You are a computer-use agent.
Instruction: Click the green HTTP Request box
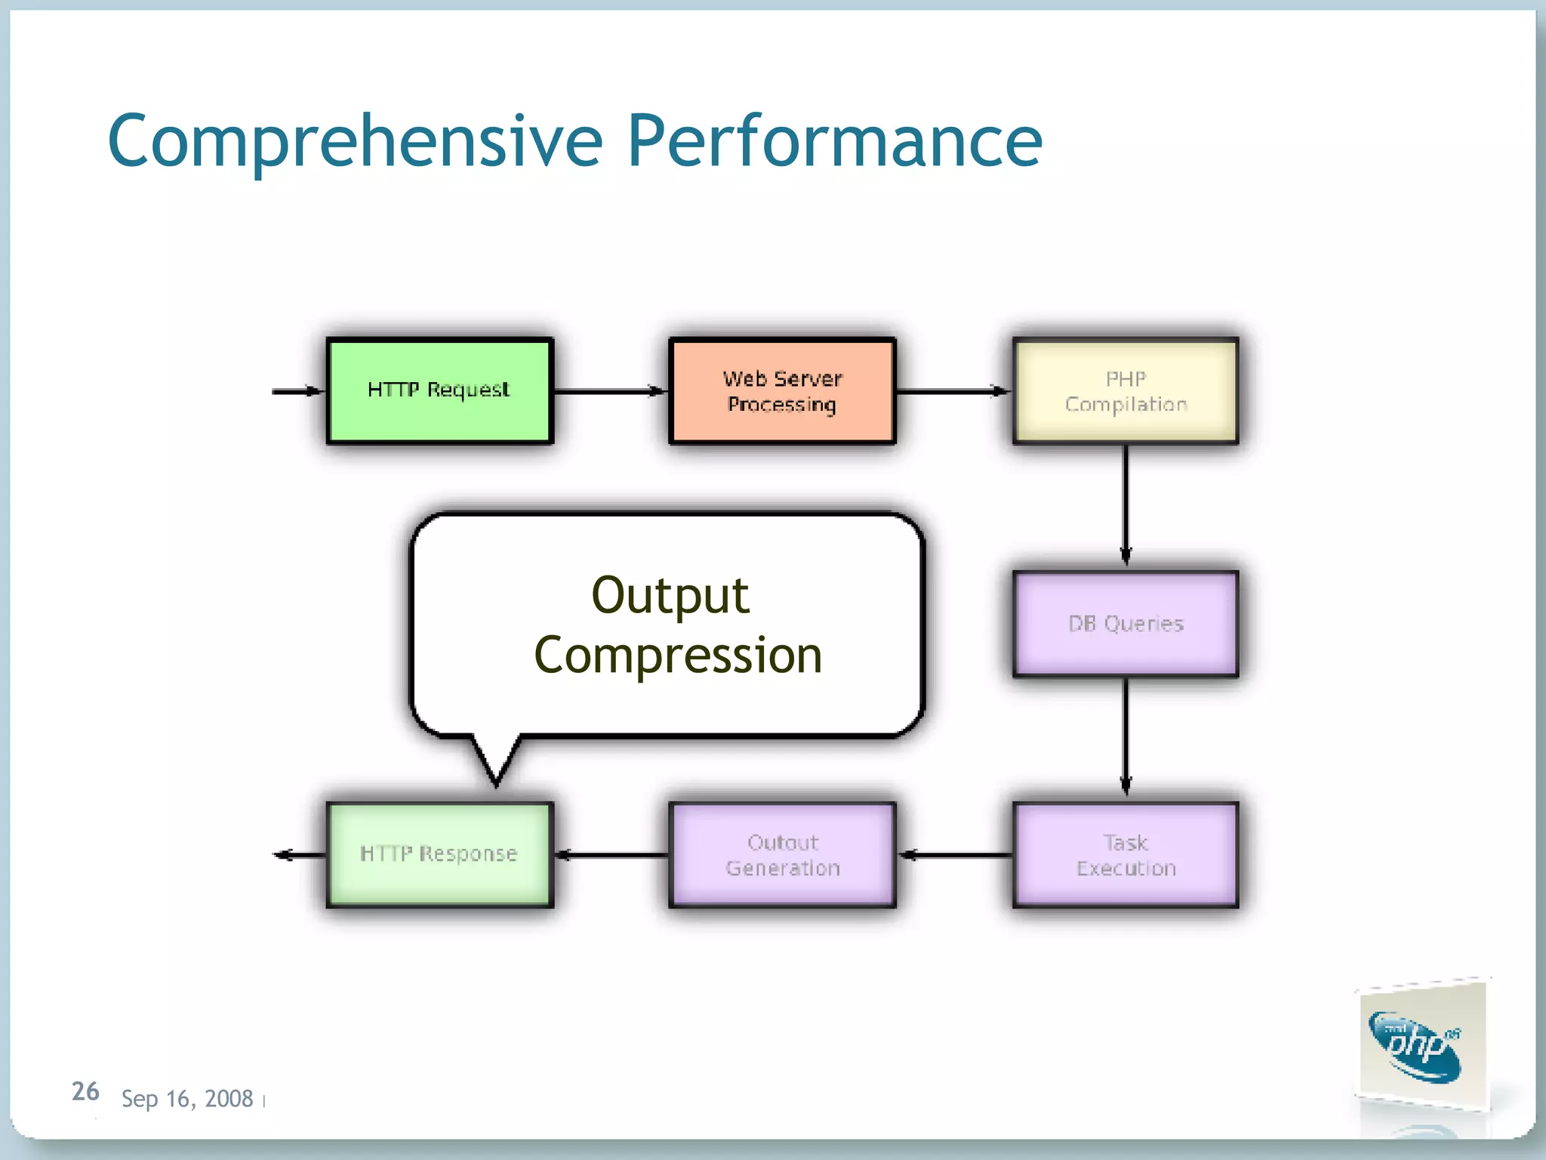tap(439, 390)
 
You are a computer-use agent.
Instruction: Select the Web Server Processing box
tap(782, 390)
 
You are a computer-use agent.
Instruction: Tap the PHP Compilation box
tap(1125, 390)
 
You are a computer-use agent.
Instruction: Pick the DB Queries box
tap(1125, 623)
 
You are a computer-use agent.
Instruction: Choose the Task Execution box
tap(1125, 855)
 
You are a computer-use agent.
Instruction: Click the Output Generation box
tap(782, 855)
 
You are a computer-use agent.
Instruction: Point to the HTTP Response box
tap(439, 855)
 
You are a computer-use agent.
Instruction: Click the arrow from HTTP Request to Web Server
tap(610, 391)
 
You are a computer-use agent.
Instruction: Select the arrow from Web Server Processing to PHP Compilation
tap(953, 391)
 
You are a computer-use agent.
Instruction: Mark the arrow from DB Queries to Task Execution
tap(1126, 736)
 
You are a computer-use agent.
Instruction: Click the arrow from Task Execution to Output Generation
tap(955, 855)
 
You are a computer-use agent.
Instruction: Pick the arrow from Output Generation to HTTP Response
tap(611, 855)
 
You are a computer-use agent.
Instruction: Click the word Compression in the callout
tap(678, 656)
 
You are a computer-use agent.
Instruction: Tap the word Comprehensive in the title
tap(355, 141)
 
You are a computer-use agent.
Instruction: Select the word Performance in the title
tap(834, 141)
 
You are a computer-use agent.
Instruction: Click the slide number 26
tap(85, 1091)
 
